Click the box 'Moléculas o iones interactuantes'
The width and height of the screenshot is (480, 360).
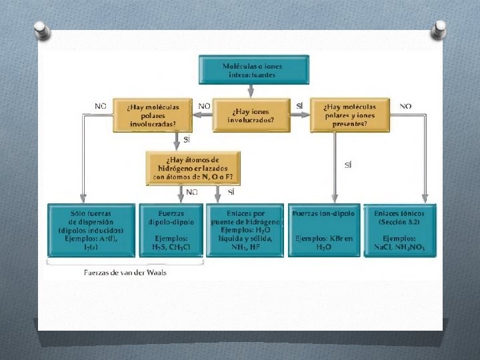click(253, 70)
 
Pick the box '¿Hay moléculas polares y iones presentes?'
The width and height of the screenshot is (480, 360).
click(349, 115)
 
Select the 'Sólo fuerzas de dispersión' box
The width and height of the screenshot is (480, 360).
click(91, 230)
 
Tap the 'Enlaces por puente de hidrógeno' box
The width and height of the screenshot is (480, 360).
click(245, 230)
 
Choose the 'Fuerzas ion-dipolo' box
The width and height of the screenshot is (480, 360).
click(323, 230)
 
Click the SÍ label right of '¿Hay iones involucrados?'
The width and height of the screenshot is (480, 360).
click(299, 105)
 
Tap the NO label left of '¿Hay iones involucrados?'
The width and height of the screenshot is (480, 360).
click(204, 105)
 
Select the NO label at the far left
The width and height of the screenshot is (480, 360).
click(101, 105)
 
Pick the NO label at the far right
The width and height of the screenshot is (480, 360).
click(405, 105)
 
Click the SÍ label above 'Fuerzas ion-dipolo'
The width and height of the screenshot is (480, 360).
click(348, 165)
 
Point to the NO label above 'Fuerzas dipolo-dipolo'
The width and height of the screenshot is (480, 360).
click(191, 192)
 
